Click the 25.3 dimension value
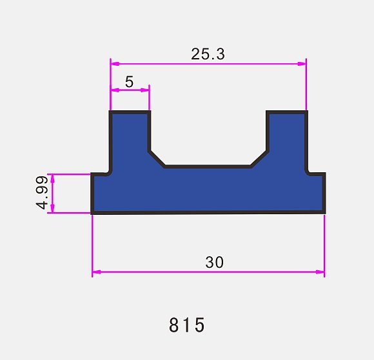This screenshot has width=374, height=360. [208, 54]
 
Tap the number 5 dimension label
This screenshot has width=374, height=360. [129, 82]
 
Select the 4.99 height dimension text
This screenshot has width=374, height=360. [42, 192]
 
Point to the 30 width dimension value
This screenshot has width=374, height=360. [215, 262]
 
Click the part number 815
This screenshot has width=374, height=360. [187, 325]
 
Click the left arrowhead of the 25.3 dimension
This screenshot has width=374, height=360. [115, 64]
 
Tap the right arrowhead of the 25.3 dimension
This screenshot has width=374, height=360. [302, 64]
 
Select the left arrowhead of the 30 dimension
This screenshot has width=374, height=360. [97, 272]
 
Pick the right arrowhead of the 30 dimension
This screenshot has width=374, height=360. [320, 272]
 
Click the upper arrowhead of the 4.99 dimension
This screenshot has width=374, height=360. [53, 179]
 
